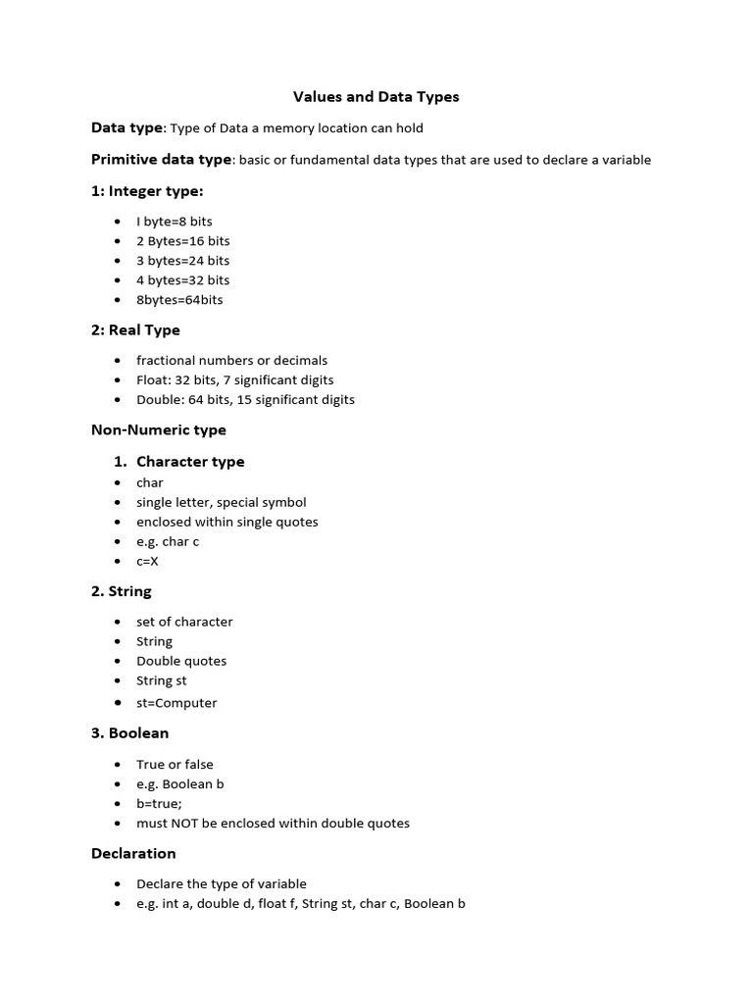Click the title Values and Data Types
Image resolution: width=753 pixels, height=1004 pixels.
click(376, 97)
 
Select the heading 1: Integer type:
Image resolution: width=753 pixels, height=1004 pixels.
click(147, 191)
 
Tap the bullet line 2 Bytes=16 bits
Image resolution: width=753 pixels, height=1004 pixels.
click(182, 241)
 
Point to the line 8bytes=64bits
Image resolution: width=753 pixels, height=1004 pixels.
click(179, 300)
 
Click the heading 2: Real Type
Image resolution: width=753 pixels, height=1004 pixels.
click(135, 330)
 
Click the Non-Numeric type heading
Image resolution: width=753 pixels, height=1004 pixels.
click(159, 429)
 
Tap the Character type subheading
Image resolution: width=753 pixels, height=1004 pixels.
click(190, 462)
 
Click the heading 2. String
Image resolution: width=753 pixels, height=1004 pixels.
click(122, 591)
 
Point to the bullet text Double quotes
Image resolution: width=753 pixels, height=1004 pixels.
click(181, 661)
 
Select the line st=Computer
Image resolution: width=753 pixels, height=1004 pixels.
click(176, 703)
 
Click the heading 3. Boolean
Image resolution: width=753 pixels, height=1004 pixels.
click(130, 733)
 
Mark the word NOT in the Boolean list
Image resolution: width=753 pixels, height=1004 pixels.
click(191, 824)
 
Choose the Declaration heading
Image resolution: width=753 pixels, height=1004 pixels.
click(133, 853)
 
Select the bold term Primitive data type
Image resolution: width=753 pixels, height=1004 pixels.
click(162, 160)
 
